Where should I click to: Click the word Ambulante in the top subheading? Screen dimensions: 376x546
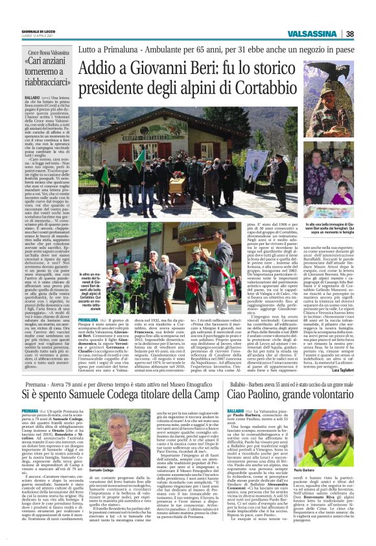pos(162,48)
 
